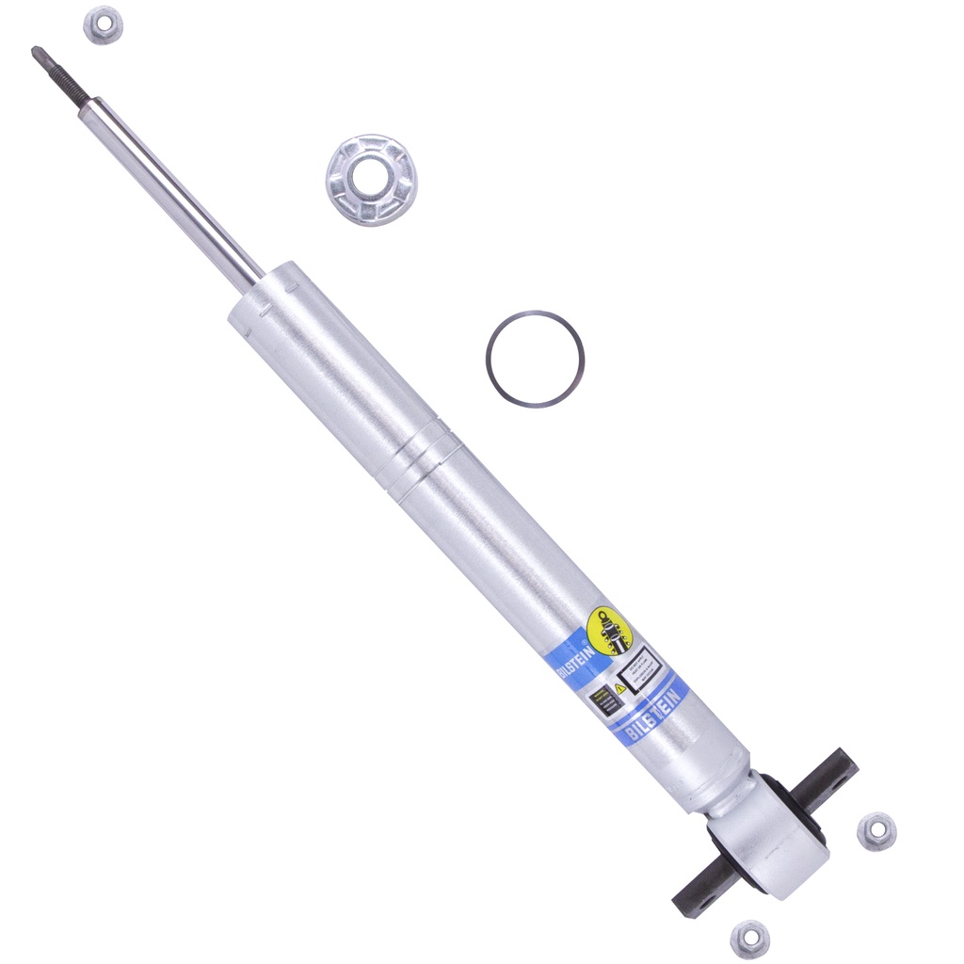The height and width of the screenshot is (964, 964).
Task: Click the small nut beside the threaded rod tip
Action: click(104, 24)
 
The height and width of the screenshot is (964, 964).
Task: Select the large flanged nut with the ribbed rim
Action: click(371, 179)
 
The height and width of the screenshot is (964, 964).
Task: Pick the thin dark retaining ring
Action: click(535, 359)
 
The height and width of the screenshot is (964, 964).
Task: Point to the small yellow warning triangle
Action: click(619, 688)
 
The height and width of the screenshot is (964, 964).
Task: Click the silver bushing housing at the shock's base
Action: click(772, 838)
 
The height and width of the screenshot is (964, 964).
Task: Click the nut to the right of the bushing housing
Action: click(876, 830)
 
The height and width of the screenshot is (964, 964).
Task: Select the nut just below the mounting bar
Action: click(749, 938)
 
